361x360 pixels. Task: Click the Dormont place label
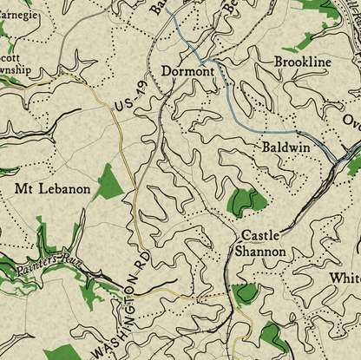pyautogui.click(x=187, y=71)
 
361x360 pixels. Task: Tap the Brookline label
pyautogui.click(x=303, y=62)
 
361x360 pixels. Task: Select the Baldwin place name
pyautogui.click(x=286, y=148)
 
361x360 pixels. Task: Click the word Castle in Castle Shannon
pyautogui.click(x=259, y=235)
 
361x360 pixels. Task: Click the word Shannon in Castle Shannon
pyautogui.click(x=259, y=252)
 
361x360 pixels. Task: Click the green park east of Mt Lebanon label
pyautogui.click(x=109, y=183)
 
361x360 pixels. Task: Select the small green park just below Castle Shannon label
pyautogui.click(x=246, y=292)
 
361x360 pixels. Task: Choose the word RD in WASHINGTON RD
pyautogui.click(x=141, y=264)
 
